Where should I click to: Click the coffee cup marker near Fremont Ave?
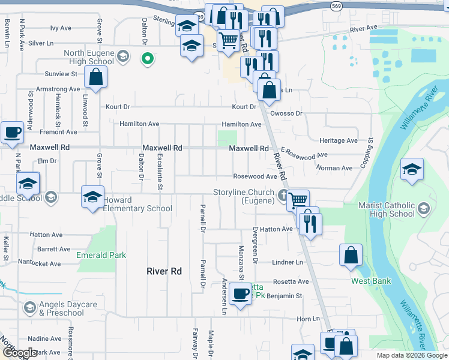click(12, 133)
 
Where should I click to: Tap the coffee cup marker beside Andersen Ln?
click(240, 294)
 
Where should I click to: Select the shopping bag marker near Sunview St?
click(95, 77)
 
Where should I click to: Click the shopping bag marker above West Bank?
click(351, 255)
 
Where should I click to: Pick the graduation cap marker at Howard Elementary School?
click(92, 197)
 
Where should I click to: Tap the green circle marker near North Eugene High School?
click(146, 59)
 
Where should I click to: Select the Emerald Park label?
click(101, 255)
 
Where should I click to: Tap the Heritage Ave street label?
click(339, 140)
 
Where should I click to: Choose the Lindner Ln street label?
click(288, 262)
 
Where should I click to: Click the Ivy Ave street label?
click(61, 28)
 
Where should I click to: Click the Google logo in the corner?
click(20, 353)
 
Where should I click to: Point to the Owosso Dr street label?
click(286, 113)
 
